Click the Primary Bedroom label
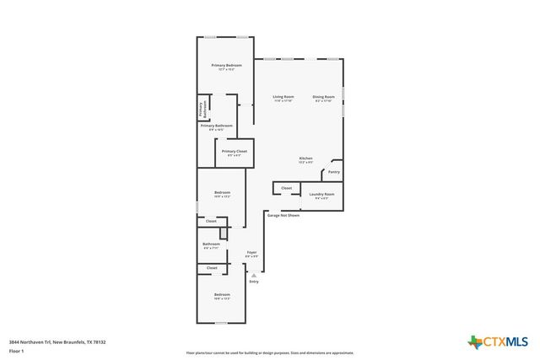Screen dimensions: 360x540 pos(227,66)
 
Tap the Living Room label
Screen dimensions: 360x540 pos(283,97)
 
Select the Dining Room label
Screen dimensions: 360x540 pos(325,97)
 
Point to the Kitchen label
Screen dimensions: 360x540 pos(305,159)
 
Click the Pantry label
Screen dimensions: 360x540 pos(334,172)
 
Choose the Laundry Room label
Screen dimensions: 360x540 pos(321,195)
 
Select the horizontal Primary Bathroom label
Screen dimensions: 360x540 pos(217,126)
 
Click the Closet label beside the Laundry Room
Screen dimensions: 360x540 pos(286,188)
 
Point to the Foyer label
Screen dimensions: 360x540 pos(251,253)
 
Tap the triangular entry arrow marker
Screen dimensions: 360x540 pos(254,274)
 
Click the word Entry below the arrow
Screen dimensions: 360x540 pos(254,281)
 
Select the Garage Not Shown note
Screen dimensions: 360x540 pos(283,215)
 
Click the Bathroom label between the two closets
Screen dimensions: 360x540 pos(211,244)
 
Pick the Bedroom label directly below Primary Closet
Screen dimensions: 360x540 pos(222,193)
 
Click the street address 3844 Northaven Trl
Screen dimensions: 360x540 pos(57,341)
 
